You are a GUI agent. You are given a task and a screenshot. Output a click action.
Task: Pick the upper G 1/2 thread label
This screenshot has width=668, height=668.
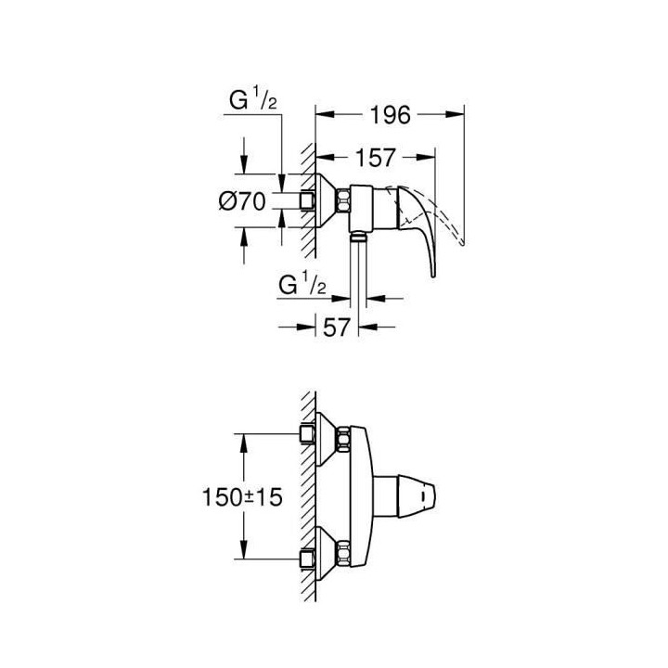[x=251, y=99]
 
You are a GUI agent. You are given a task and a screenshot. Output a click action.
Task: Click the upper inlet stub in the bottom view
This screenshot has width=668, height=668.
[x=306, y=433]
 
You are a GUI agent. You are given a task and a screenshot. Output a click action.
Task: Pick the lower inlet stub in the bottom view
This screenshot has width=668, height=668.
[x=306, y=559]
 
